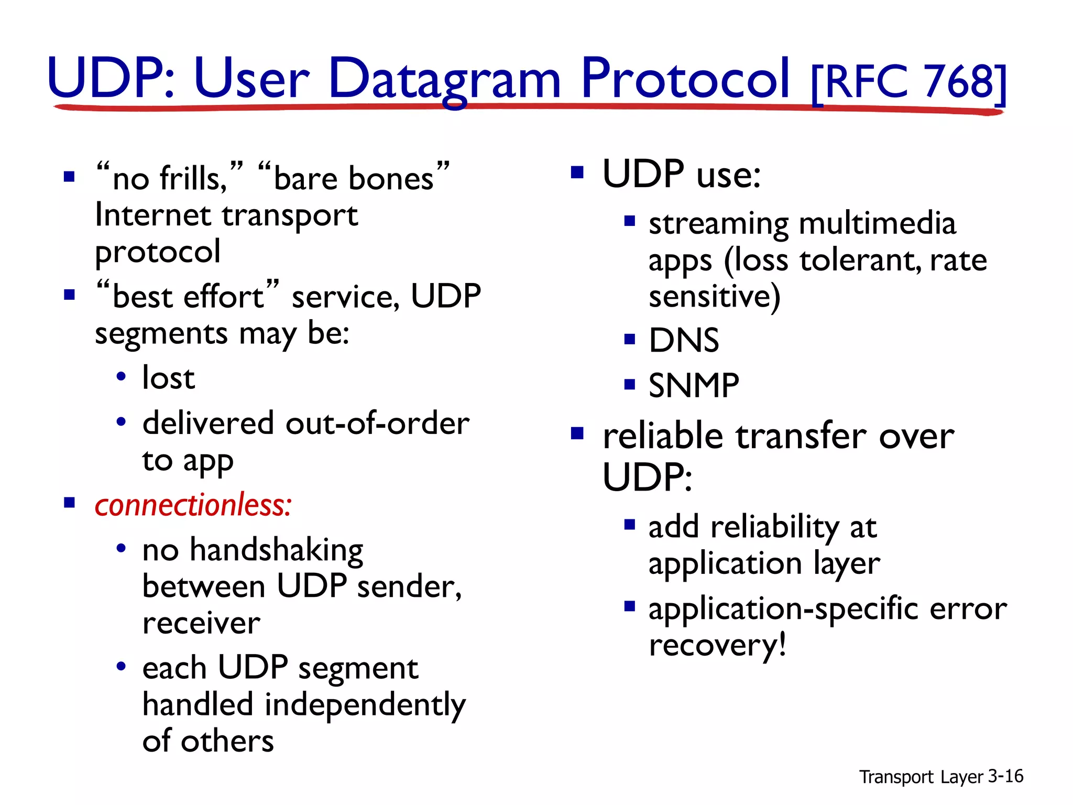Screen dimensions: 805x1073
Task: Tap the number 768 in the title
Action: pos(959,82)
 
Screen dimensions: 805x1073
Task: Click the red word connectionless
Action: pos(193,506)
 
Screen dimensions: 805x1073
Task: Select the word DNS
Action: pos(684,341)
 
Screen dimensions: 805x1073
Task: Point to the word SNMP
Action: pos(694,386)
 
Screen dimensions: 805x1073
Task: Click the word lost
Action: pos(169,378)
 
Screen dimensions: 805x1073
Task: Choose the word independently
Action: pos(365,705)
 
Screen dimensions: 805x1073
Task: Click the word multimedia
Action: pos(878,224)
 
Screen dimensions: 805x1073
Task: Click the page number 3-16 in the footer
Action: pos(1005,776)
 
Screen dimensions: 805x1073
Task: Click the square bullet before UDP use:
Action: pos(577,172)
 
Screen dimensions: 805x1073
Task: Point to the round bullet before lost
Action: pos(121,376)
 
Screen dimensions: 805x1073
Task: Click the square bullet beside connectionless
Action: pos(69,503)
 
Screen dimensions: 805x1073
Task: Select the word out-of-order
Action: pos(377,423)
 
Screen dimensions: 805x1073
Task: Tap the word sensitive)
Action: pos(715,297)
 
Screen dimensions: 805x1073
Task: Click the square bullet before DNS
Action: pos(630,339)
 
